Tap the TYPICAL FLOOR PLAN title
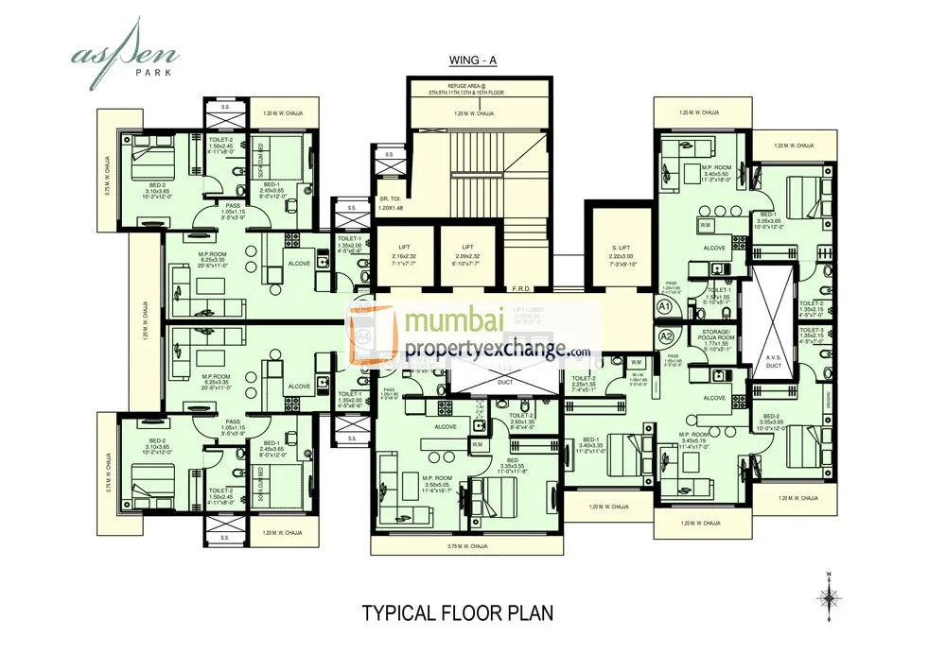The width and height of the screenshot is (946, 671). pos(458,612)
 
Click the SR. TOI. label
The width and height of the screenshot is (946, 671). pos(391,202)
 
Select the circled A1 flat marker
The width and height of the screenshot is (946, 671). pos(664,307)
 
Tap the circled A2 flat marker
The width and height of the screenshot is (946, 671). pos(664,334)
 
